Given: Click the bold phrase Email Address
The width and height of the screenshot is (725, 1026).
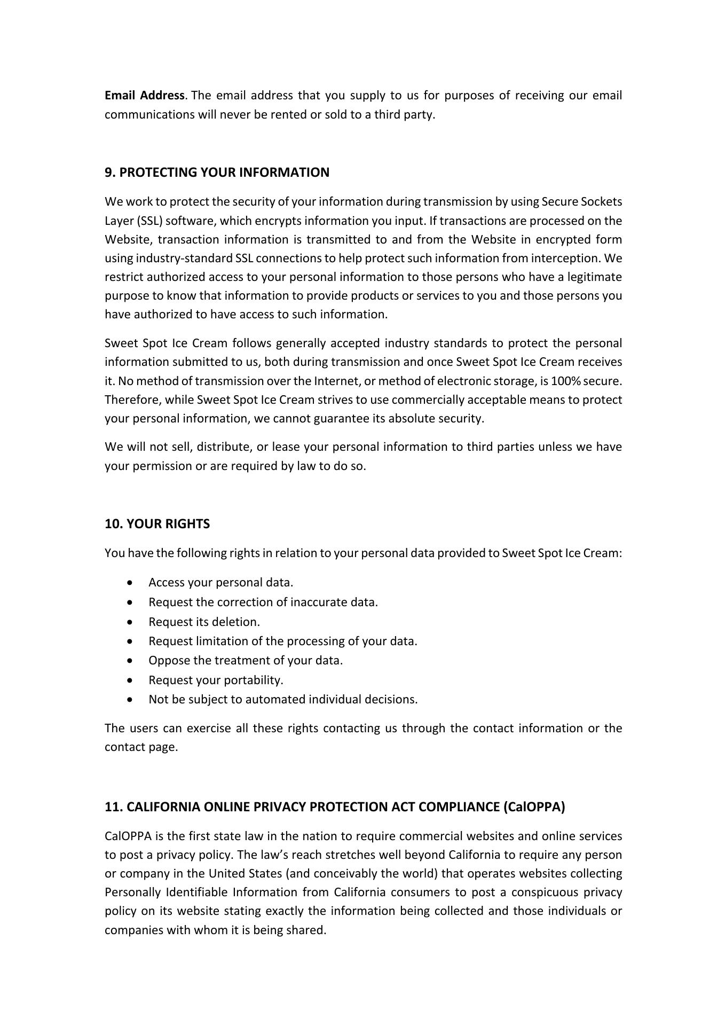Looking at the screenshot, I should [144, 96].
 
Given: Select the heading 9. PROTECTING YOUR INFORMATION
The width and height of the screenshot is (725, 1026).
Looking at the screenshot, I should [217, 173].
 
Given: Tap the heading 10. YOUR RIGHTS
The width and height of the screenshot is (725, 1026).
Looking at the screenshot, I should [157, 524].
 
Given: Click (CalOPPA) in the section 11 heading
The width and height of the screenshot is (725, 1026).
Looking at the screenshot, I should [534, 807].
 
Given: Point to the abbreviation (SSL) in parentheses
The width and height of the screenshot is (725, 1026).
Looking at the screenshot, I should [149, 221].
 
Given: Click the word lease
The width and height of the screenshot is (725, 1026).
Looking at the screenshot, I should [285, 447].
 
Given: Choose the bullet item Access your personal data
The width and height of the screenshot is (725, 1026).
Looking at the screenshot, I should [220, 583].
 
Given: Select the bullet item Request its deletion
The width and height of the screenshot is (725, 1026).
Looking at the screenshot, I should [204, 622].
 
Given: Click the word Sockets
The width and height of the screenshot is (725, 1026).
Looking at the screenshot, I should [602, 202].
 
